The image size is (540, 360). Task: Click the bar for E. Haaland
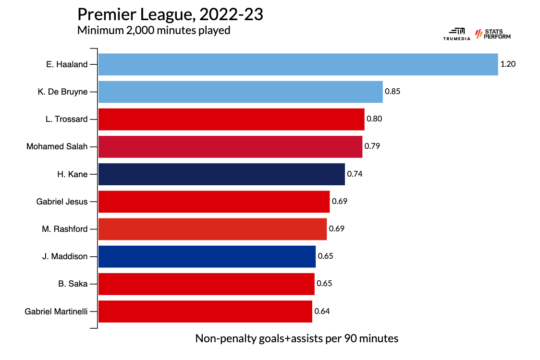tap(298, 64)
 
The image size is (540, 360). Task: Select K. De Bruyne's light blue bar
tap(240, 92)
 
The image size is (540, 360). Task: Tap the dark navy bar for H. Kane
tap(221, 174)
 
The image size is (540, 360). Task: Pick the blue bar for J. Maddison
tap(207, 256)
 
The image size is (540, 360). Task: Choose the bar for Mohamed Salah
tap(230, 146)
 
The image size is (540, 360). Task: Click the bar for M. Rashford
tap(212, 229)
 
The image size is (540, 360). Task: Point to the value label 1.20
tap(508, 64)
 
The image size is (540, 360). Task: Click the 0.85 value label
tap(393, 92)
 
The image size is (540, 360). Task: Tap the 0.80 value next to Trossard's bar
tap(374, 119)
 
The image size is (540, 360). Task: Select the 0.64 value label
tap(322, 311)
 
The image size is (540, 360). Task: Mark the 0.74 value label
tap(355, 174)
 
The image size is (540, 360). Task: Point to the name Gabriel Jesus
tap(62, 202)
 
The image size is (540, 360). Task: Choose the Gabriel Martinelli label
tap(56, 311)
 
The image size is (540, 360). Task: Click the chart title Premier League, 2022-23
tap(170, 14)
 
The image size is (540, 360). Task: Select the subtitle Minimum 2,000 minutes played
tap(154, 31)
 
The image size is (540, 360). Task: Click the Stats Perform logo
tap(493, 35)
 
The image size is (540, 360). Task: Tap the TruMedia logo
tap(454, 35)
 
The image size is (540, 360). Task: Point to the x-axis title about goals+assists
tap(297, 338)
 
